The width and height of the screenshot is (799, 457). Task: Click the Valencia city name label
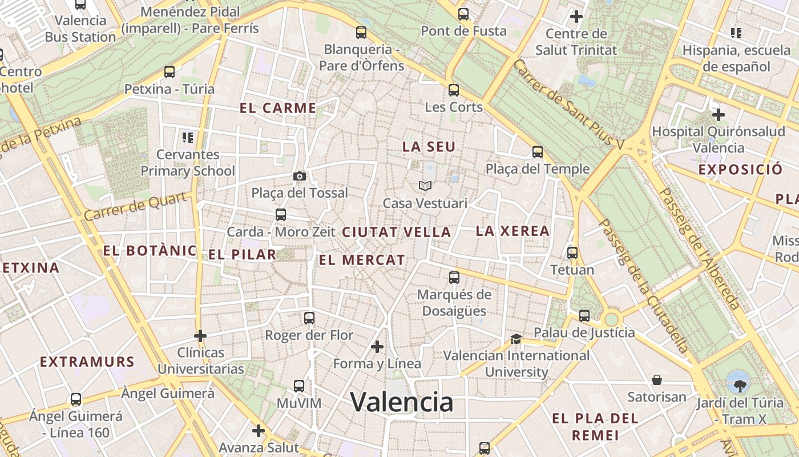[402, 402]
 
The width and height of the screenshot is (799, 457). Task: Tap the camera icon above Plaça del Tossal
[300, 176]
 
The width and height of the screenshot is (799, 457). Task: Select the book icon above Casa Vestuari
[425, 186]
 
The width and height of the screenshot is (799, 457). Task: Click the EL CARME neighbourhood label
[278, 108]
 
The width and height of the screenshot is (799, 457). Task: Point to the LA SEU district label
[429, 147]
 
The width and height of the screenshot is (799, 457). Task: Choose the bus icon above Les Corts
[454, 90]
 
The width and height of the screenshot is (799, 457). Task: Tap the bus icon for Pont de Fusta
[463, 14]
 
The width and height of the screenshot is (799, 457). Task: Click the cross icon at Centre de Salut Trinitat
[576, 17]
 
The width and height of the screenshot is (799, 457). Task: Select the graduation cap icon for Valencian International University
[516, 339]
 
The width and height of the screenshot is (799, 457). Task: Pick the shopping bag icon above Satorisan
[657, 380]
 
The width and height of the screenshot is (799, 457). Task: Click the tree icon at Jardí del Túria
[740, 381]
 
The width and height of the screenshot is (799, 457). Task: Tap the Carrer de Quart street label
[136, 206]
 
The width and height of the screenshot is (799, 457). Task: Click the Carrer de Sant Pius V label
[568, 105]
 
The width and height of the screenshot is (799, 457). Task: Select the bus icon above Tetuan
[572, 252]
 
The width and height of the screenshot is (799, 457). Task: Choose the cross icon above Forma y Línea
[377, 347]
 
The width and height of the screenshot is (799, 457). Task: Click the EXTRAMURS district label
[87, 362]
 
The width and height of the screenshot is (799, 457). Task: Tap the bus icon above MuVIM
[299, 386]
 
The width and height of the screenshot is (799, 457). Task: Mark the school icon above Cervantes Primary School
[188, 137]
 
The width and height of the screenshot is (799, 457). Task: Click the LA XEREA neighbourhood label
[513, 231]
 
